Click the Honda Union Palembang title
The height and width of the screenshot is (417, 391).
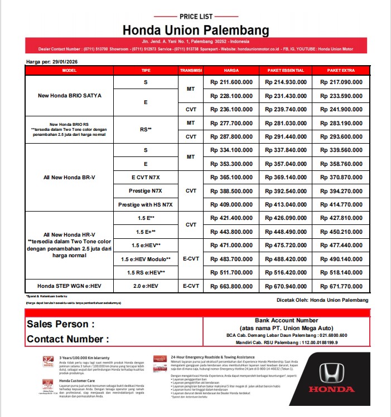point(196,30)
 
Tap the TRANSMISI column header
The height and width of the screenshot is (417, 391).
point(191,71)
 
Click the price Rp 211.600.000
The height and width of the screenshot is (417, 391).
point(231,82)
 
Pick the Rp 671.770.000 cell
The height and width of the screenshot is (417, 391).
point(341,286)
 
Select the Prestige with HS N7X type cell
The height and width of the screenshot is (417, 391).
point(146,204)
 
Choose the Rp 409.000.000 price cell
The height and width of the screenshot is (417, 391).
point(231,204)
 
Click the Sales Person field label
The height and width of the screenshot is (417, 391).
point(61,325)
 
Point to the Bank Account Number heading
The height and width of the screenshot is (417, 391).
point(286,321)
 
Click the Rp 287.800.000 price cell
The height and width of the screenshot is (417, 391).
point(231,136)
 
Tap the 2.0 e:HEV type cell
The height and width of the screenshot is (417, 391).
point(146,286)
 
